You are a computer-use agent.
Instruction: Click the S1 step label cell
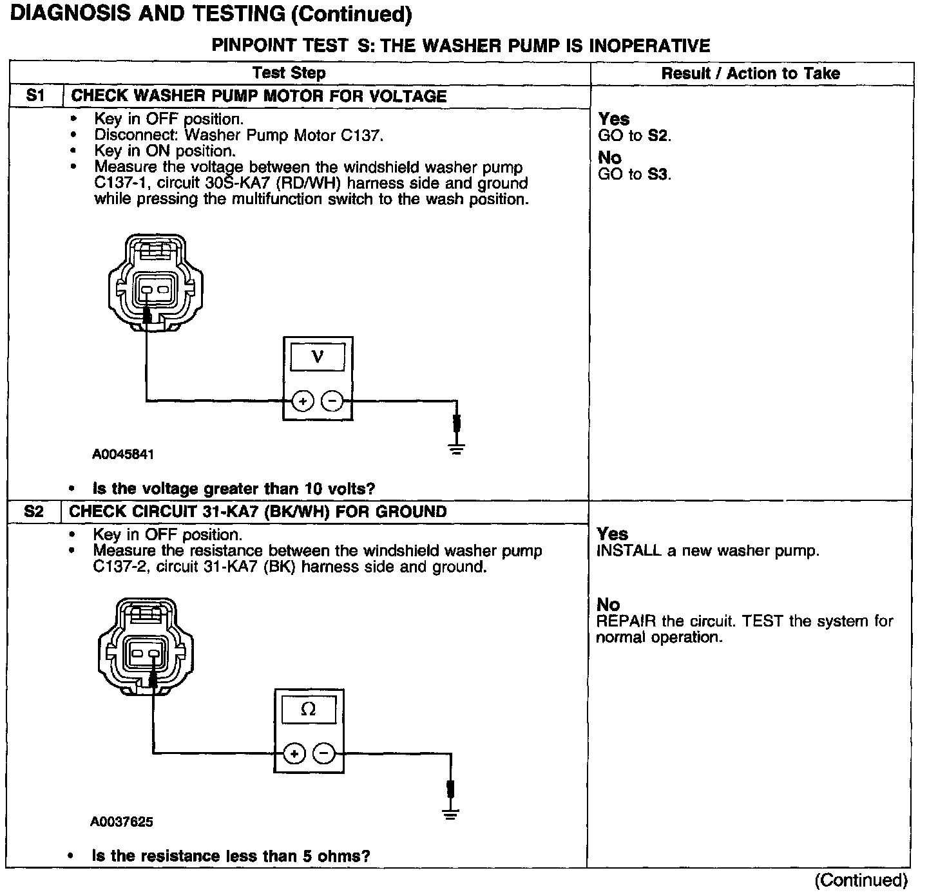pyautogui.click(x=35, y=96)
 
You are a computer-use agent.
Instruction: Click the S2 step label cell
pyautogui.click(x=33, y=512)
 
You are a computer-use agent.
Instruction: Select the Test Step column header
pyautogui.click(x=289, y=73)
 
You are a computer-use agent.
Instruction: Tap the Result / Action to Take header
pyautogui.click(x=751, y=73)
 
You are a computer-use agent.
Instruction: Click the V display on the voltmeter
pyautogui.click(x=317, y=357)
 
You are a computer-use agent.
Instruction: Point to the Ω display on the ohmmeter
pyautogui.click(x=309, y=710)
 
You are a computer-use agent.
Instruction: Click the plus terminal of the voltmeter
pyautogui.click(x=302, y=401)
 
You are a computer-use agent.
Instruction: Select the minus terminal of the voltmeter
pyautogui.click(x=332, y=401)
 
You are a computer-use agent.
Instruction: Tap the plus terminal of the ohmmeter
pyautogui.click(x=294, y=753)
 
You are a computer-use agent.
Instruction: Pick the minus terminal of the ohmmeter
pyautogui.click(x=323, y=753)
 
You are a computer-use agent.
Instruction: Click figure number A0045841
pyautogui.click(x=123, y=455)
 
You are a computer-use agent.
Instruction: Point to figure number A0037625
pyautogui.click(x=122, y=822)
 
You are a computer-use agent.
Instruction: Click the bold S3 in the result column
pyautogui.click(x=657, y=174)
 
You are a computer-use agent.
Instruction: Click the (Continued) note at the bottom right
pyautogui.click(x=861, y=880)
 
